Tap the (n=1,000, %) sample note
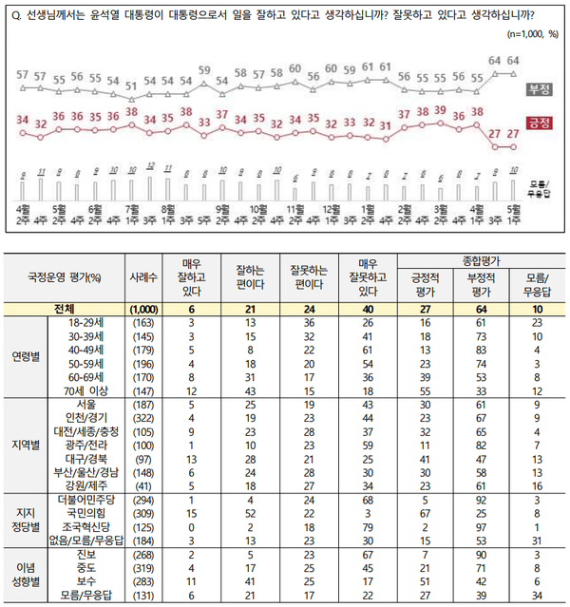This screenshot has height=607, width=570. pos(531,34)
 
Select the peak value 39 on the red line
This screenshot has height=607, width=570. pos(439,109)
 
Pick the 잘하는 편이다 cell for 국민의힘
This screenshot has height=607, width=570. pos(245,513)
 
